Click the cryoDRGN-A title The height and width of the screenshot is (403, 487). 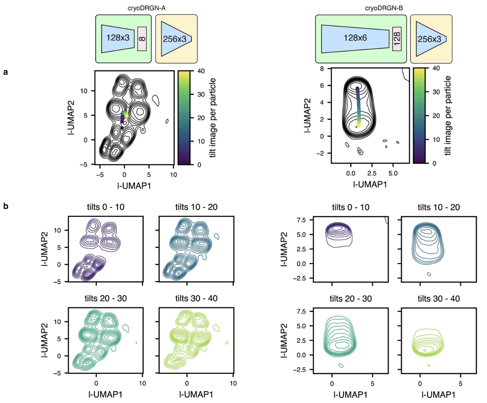147,8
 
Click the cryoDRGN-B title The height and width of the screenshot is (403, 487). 384,8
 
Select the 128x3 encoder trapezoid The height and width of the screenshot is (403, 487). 118,38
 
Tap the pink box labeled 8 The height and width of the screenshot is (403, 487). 142,39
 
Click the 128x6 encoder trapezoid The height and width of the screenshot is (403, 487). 355,38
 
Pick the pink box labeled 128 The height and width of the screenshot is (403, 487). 397,39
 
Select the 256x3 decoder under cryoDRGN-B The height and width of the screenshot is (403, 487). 430,39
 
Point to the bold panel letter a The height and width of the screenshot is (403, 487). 5,72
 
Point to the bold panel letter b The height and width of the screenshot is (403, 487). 6,206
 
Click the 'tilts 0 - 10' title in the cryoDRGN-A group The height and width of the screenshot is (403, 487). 105,207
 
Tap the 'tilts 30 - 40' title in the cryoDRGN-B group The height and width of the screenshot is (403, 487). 439,299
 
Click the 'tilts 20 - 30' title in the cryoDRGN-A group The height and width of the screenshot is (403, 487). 105,298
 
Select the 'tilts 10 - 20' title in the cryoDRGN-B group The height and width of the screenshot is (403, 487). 439,207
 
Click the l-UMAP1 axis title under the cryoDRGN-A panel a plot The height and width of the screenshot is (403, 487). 134,185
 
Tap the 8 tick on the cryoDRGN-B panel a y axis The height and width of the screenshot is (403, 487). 322,69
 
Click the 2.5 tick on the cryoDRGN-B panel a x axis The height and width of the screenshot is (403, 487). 371,173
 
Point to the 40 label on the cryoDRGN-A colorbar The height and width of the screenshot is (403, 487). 201,71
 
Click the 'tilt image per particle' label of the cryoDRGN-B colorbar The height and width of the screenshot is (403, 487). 447,116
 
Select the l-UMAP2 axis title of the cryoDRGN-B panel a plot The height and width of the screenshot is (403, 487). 307,116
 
